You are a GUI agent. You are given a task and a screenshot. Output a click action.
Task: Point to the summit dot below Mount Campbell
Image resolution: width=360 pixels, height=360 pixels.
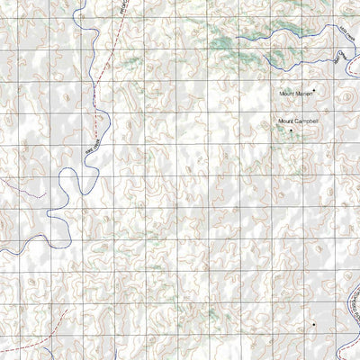pos(291,130)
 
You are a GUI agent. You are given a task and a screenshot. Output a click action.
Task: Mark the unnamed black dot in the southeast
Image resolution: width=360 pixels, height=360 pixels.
pos(313,324)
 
